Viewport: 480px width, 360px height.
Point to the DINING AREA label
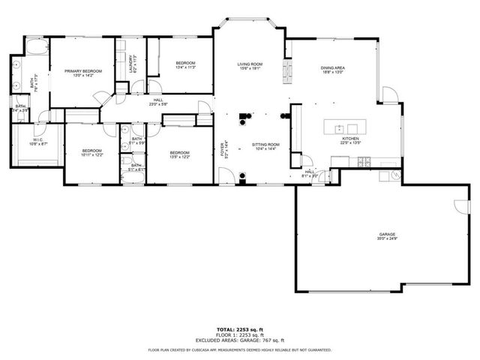pyautogui.click(x=332, y=68)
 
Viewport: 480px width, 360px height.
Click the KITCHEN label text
pyautogui.click(x=351, y=139)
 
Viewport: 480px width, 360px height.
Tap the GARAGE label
pyautogui.click(x=387, y=234)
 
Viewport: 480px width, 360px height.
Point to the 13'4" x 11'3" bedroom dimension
pyautogui.click(x=185, y=67)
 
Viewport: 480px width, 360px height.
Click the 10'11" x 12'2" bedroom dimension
pyautogui.click(x=91, y=154)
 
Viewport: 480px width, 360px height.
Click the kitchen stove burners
pyautogui.click(x=365, y=163)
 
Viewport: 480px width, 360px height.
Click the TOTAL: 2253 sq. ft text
pyautogui.click(x=240, y=330)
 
